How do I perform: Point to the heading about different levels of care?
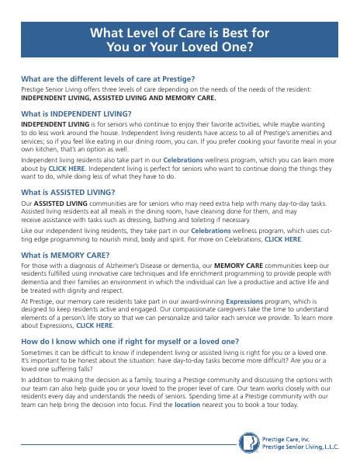pos(108,79)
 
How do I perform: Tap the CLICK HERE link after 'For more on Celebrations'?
pos(282,240)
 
